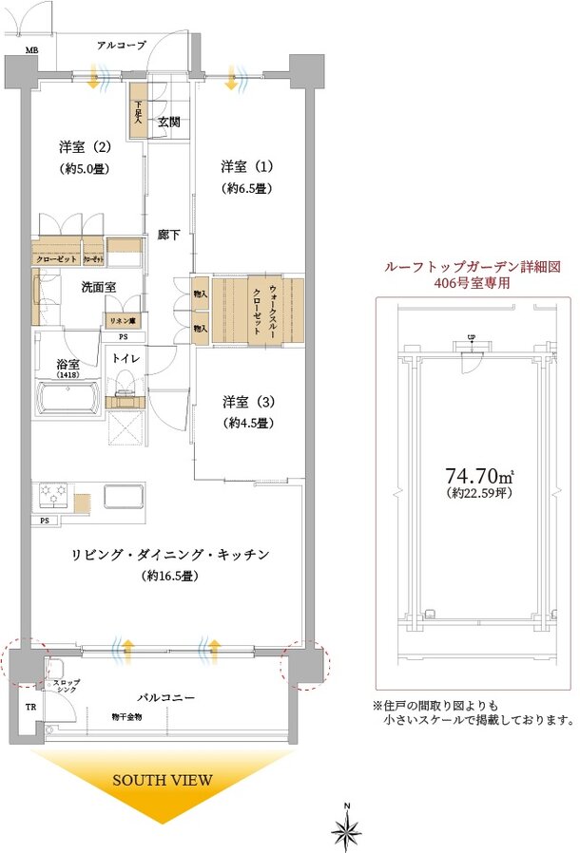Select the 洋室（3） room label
point(248,401)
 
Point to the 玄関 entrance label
point(169,122)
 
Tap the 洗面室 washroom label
point(72,286)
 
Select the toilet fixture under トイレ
point(123,385)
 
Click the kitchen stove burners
point(53,497)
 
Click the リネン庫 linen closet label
point(124,322)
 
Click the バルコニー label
point(164,697)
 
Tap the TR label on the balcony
point(30,707)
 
